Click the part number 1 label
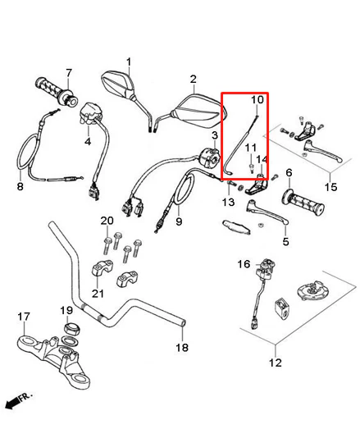tap(129, 62)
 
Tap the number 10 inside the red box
tap(257, 100)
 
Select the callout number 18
tap(182, 348)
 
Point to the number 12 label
tap(276, 363)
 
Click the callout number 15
tap(331, 186)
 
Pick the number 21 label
tap(98, 294)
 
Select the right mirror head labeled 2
tap(200, 112)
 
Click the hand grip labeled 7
tap(56, 91)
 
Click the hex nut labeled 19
tap(72, 327)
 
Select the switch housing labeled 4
tap(90, 113)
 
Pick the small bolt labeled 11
tap(251, 168)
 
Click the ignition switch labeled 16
tap(265, 269)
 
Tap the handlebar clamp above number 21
tap(103, 267)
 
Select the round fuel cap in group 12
tap(313, 290)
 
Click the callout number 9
tap(179, 221)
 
